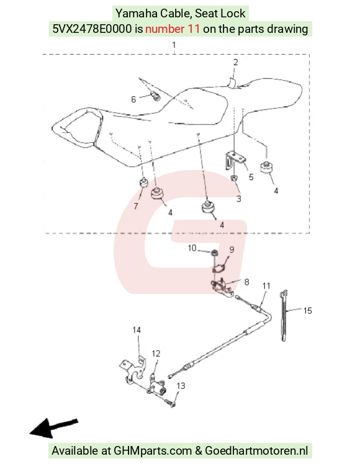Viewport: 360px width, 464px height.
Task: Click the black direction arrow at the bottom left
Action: click(53, 428)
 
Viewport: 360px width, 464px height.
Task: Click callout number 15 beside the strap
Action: click(307, 310)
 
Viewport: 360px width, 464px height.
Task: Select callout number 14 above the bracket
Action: click(137, 330)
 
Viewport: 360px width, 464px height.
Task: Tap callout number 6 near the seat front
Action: click(133, 99)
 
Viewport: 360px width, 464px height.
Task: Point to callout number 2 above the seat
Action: click(235, 63)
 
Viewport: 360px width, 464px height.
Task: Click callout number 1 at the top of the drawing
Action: click(174, 45)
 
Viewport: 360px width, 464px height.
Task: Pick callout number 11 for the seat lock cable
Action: click(266, 286)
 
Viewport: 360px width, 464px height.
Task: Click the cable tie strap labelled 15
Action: click(283, 316)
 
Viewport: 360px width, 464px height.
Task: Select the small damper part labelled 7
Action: click(143, 182)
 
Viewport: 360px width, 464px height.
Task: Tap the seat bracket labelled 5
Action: click(235, 160)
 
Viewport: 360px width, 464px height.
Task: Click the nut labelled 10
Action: click(214, 253)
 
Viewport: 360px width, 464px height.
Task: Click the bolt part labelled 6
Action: click(155, 96)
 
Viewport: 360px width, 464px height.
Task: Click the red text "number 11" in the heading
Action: click(173, 29)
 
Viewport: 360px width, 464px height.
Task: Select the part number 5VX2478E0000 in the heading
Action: click(92, 29)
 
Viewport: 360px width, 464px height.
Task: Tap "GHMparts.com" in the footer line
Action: click(153, 451)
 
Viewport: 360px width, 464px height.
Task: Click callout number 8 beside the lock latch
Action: click(246, 282)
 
